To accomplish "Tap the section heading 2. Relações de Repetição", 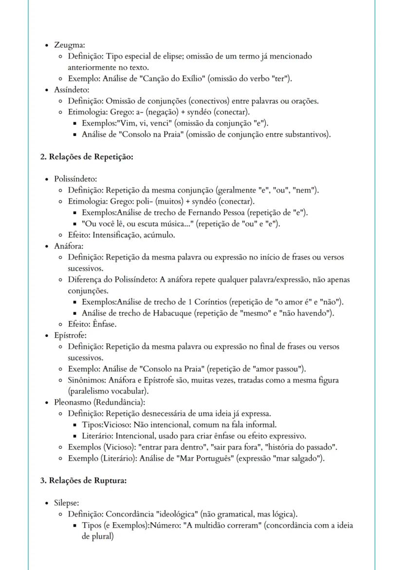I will (87, 157).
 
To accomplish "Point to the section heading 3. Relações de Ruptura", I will (83, 480).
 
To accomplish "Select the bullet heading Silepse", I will (67, 503).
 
